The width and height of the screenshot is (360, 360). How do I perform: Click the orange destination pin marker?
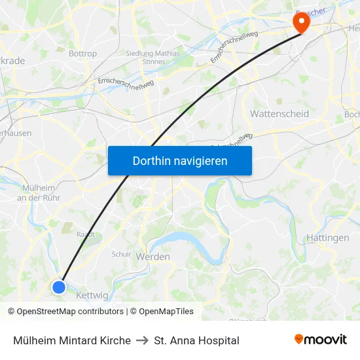[302, 23]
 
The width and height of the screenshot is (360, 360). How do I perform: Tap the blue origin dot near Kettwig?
[59, 287]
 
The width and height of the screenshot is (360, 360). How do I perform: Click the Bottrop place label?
[83, 54]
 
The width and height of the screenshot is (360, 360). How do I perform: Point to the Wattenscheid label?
[279, 114]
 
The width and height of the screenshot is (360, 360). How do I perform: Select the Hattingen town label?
[328, 238]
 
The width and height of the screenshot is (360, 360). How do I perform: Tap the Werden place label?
[153, 257]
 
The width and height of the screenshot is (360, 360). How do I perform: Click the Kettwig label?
[92, 295]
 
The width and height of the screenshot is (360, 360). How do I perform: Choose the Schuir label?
[122, 254]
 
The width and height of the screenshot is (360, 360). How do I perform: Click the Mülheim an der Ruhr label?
[43, 192]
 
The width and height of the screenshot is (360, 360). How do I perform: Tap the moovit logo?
[321, 340]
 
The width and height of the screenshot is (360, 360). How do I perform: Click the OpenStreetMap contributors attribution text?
[65, 312]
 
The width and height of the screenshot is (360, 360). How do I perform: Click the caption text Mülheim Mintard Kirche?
[72, 340]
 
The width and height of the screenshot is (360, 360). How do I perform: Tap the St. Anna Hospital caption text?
[196, 340]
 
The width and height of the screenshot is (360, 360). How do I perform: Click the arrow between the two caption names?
[142, 340]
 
